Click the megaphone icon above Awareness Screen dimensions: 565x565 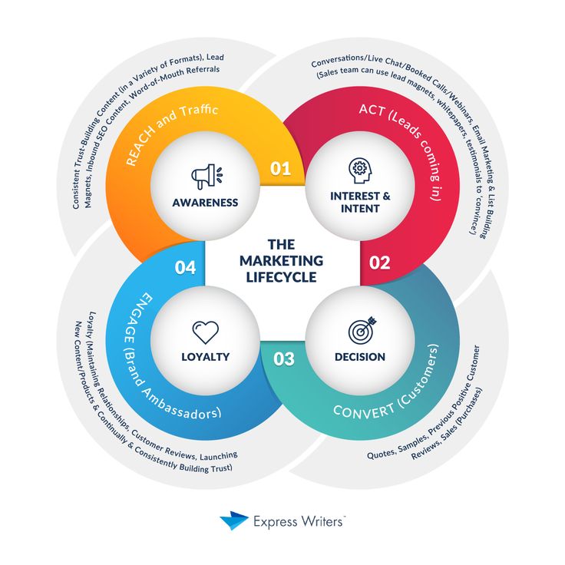(204, 176)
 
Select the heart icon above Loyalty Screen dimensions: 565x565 (205, 332)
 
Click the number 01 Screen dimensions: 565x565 (280, 168)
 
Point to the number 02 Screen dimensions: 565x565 (380, 263)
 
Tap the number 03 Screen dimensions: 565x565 (283, 358)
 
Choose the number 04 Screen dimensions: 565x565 (185, 268)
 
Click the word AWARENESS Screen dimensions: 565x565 (205, 203)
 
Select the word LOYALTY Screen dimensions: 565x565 (205, 356)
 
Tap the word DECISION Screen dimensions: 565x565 (360, 357)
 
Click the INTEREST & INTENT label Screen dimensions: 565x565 (360, 202)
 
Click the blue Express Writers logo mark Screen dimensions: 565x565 (233, 521)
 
